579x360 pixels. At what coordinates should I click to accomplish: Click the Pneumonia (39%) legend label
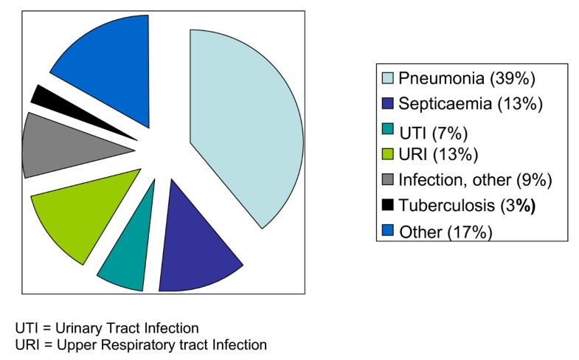(x=467, y=78)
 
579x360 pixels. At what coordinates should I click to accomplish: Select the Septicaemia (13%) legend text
(x=471, y=103)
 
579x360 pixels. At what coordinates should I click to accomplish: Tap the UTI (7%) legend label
(x=434, y=133)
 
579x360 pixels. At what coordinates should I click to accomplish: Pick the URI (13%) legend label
(x=438, y=154)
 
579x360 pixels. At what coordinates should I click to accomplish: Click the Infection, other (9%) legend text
(x=475, y=180)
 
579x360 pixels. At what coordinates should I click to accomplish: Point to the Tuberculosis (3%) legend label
(x=467, y=205)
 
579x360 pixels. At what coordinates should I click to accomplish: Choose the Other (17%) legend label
(x=445, y=232)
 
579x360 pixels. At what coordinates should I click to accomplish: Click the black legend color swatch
(x=388, y=204)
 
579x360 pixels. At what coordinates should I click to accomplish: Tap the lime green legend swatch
(x=388, y=154)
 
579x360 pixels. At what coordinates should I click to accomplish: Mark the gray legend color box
(x=388, y=179)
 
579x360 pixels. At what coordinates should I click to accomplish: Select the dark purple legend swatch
(x=388, y=103)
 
